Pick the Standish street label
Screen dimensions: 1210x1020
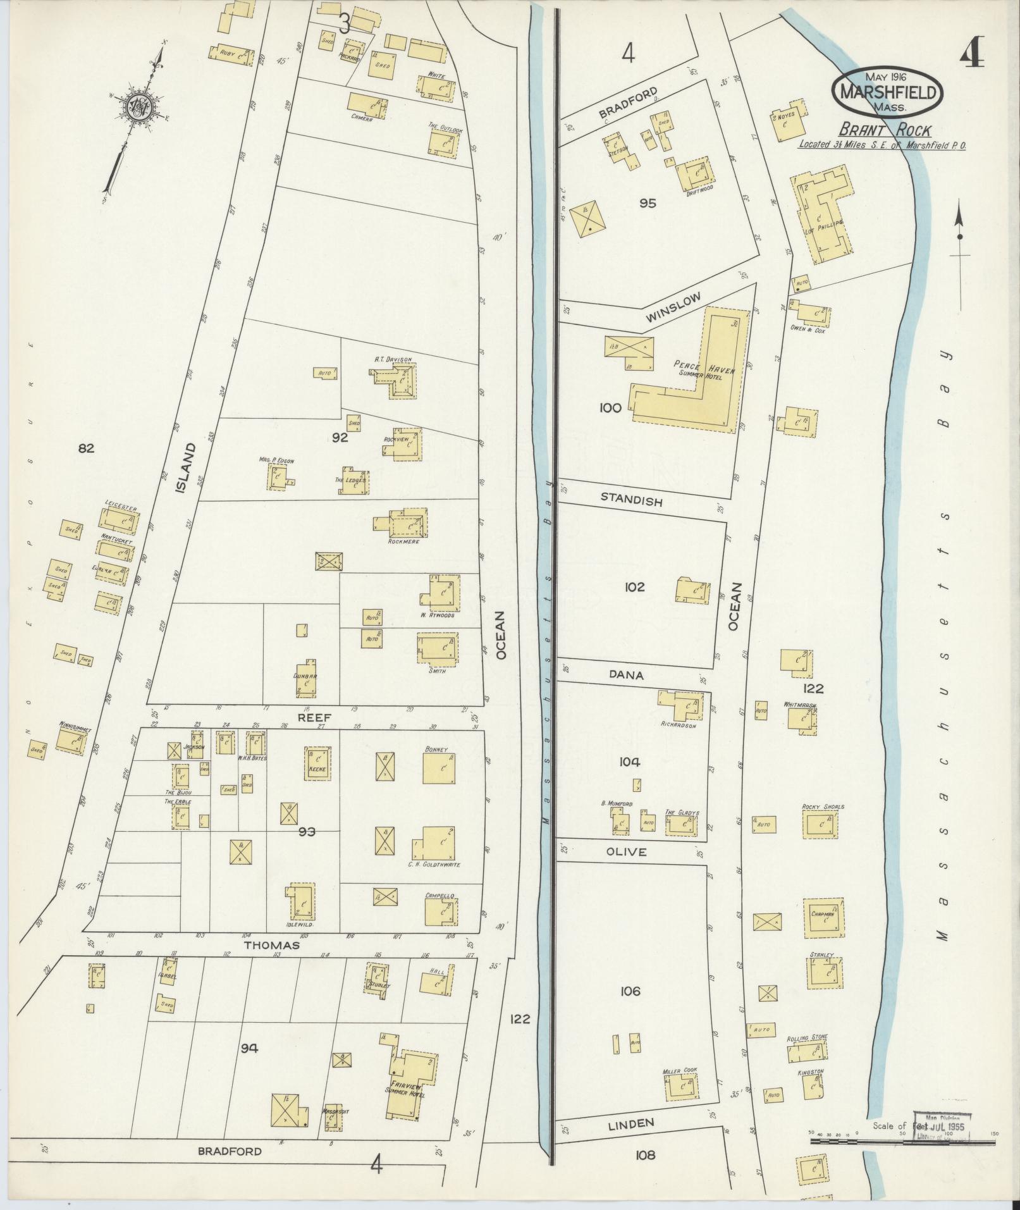(x=631, y=501)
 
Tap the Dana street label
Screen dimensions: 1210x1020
(x=626, y=675)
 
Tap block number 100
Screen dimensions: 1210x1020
(x=611, y=408)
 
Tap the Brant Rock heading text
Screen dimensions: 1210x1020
(x=885, y=130)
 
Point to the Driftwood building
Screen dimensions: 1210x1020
(x=696, y=175)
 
